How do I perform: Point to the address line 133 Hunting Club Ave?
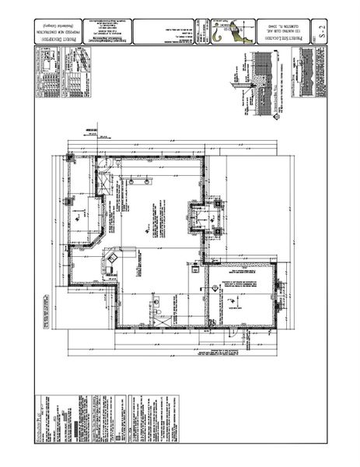pyautogui.click(x=276, y=31)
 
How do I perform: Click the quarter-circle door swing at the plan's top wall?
pyautogui.click(x=104, y=165)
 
